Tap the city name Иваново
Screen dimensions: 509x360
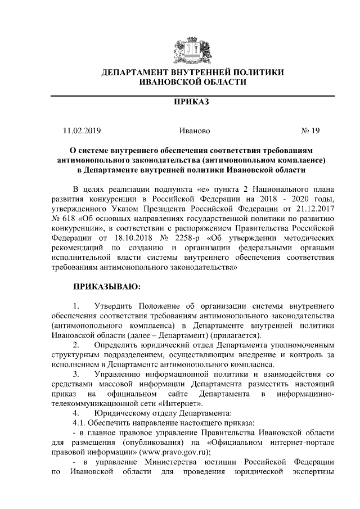[x=194, y=131]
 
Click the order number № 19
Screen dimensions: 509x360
[x=310, y=131]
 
